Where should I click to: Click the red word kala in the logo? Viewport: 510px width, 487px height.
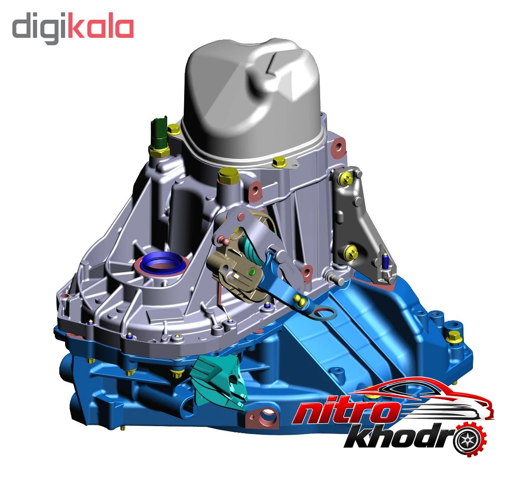(x=101, y=28)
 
